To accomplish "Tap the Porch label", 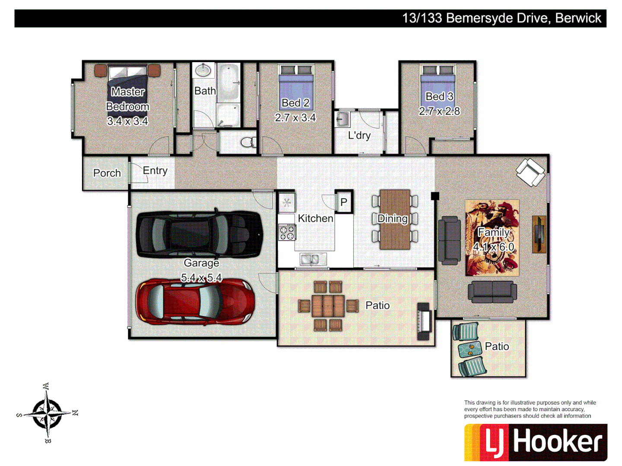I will pyautogui.click(x=107, y=173).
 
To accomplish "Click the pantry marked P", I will pyautogui.click(x=344, y=202).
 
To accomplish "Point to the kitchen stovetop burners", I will pyautogui.click(x=286, y=233).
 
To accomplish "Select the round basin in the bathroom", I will pyautogui.click(x=203, y=69).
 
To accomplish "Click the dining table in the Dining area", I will pyautogui.click(x=394, y=219).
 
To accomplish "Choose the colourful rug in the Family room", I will pyautogui.click(x=492, y=238).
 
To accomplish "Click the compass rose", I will pyautogui.click(x=47, y=413).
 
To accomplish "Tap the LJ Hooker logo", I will pyautogui.click(x=536, y=442).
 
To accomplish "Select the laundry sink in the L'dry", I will pyautogui.click(x=343, y=119).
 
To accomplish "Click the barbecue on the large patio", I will pyautogui.click(x=424, y=321).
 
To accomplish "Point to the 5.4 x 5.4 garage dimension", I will pyautogui.click(x=201, y=278).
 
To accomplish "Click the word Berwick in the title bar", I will pyautogui.click(x=578, y=18).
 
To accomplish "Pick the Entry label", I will pyautogui.click(x=155, y=170).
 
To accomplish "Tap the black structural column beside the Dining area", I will pyautogui.click(x=435, y=196).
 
